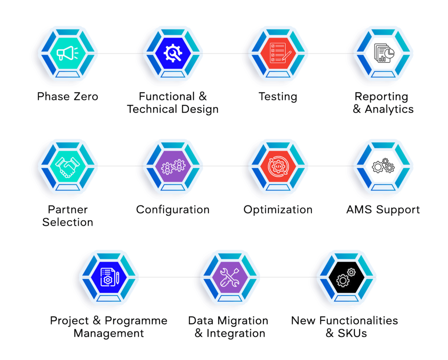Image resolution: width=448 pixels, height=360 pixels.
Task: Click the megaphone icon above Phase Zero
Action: click(x=67, y=53)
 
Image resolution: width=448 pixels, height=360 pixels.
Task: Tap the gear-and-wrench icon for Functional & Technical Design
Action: click(x=173, y=53)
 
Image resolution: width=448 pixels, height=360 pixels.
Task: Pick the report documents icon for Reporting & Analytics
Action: click(x=384, y=53)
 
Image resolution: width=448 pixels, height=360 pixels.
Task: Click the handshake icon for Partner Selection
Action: click(x=67, y=167)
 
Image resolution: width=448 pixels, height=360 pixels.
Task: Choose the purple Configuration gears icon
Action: click(x=173, y=166)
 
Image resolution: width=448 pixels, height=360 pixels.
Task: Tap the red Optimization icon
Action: click(x=278, y=166)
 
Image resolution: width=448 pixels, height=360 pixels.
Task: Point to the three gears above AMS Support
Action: click(x=383, y=166)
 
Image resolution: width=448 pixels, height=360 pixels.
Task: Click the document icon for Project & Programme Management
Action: click(x=109, y=277)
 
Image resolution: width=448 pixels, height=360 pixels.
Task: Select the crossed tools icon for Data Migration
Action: click(x=230, y=277)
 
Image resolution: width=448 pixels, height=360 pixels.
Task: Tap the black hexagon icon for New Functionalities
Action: click(x=346, y=277)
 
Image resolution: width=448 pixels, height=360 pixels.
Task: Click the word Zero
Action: click(x=86, y=96)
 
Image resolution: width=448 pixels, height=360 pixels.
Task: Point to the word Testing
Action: click(x=278, y=97)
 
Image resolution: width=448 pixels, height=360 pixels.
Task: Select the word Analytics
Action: click(x=389, y=109)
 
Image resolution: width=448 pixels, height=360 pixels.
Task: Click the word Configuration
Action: click(x=173, y=210)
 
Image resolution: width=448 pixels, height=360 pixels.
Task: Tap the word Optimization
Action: click(x=278, y=210)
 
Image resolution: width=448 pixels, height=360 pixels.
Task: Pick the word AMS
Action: click(x=359, y=210)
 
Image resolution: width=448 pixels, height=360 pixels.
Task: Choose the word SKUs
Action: click(x=352, y=333)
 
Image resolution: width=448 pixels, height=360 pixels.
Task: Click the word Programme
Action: click(x=136, y=321)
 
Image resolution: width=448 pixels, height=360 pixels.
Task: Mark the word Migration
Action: click(x=243, y=321)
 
